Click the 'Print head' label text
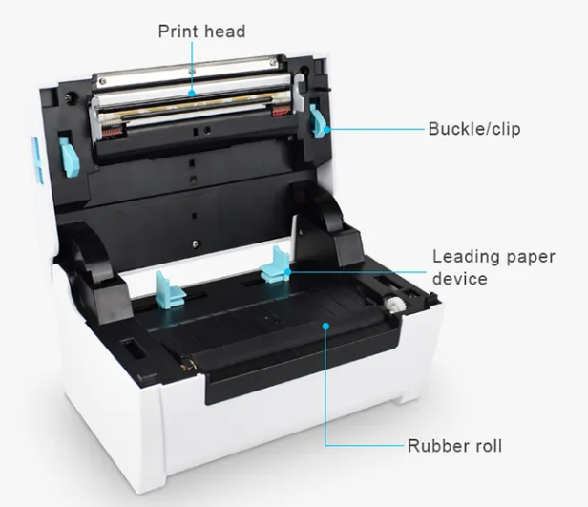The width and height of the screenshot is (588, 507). tap(201, 32)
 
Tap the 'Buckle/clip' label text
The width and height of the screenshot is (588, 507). tap(474, 129)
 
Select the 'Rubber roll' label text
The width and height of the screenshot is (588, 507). tap(454, 446)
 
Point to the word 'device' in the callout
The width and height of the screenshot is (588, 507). tap(460, 279)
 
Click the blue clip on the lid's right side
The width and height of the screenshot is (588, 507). tap(318, 121)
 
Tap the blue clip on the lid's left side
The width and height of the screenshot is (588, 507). tap(70, 158)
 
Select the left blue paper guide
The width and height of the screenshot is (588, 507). tap(170, 289)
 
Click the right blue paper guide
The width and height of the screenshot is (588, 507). tap(275, 264)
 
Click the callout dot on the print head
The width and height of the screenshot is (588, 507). tap(192, 93)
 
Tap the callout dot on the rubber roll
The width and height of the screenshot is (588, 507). tap(325, 326)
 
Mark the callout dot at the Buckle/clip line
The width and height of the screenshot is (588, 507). tap(326, 129)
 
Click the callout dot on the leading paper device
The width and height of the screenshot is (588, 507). tap(287, 272)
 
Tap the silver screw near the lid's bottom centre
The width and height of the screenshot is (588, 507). tap(195, 244)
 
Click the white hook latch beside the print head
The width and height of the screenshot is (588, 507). tap(300, 93)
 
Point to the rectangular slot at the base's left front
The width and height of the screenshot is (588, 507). tap(133, 349)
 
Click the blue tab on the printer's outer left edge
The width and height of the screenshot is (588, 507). tap(36, 160)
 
